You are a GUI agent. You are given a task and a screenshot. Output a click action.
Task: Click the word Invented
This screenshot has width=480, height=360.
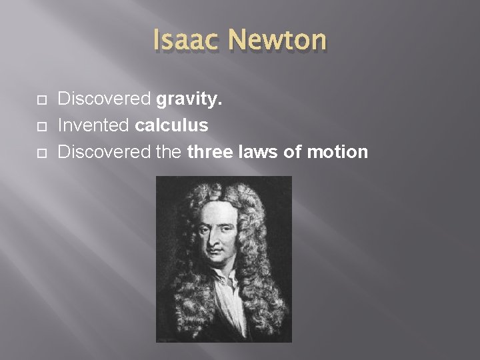[94, 126]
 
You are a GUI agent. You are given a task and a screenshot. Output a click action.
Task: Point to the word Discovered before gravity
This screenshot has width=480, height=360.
[105, 100]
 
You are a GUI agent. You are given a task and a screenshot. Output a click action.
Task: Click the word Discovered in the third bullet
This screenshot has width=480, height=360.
[105, 152]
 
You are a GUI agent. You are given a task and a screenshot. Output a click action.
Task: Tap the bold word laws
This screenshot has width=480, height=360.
[257, 152]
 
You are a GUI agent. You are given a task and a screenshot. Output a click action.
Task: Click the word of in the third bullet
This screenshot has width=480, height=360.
[294, 152]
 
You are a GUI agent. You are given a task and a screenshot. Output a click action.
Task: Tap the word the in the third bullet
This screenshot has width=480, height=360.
[171, 152]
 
